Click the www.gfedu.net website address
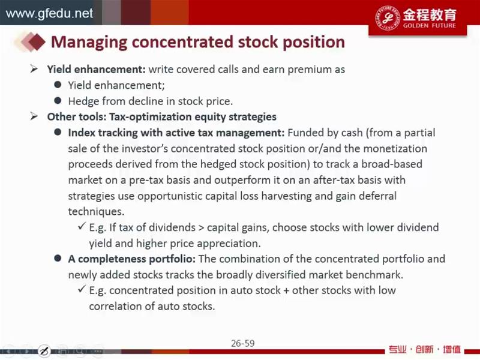pos(49,13)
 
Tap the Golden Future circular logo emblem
pos(388,17)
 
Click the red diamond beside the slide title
pos(37,41)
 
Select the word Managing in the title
pos(89,42)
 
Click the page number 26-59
pos(243,343)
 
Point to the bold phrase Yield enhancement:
pos(96,69)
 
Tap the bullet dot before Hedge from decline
pos(58,100)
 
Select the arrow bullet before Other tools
pos(34,116)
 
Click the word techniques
pos(96,212)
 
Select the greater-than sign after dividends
pos(201,228)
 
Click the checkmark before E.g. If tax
pos(82,226)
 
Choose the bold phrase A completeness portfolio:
pos(131,259)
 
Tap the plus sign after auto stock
pos(286,290)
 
